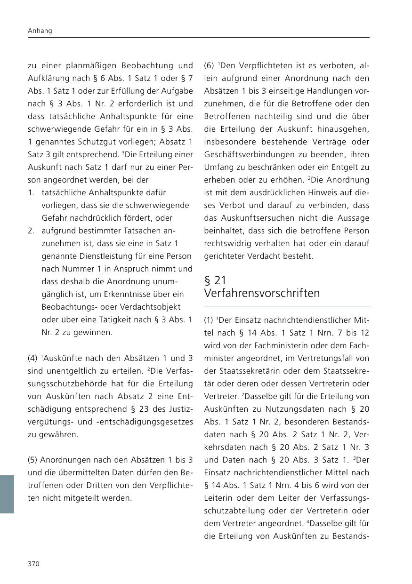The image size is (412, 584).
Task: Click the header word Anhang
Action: coord(40,31)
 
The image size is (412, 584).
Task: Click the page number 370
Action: coord(34,564)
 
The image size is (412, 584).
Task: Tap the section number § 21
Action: coord(215,280)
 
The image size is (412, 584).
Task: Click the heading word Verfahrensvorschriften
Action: coord(262,293)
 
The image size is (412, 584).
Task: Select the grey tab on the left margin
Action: coord(7,494)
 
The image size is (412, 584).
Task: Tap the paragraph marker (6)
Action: coord(210,65)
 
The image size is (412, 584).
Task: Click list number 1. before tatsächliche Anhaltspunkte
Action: coord(31,192)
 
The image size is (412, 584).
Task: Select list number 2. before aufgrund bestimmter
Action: coord(31,231)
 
